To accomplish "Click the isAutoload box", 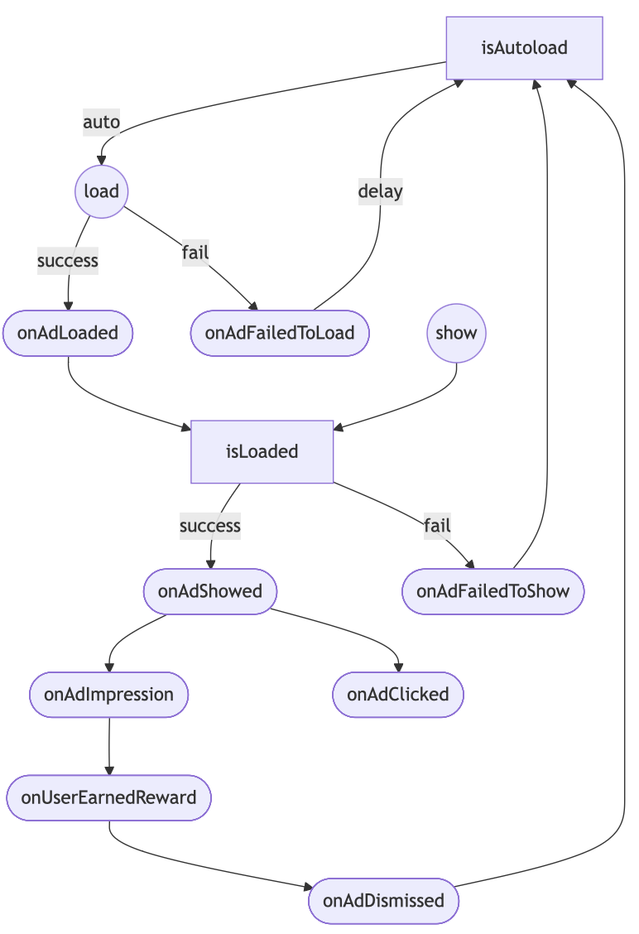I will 524,48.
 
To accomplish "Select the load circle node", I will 101,191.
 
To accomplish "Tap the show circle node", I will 456,333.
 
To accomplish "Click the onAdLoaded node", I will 67,333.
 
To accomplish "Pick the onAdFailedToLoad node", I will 280,333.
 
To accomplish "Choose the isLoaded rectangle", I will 262,451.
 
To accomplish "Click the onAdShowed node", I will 209,591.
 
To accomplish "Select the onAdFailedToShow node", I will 492,591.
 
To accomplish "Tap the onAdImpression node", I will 108,694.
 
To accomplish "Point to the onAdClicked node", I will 397,694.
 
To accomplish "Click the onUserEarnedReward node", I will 108,797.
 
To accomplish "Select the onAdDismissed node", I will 383,900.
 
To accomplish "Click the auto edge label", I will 101,123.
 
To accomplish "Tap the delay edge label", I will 380,191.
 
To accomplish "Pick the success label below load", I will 68,261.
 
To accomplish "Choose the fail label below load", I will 195,252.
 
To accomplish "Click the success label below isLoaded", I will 210,525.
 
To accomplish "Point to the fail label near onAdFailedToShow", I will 437,525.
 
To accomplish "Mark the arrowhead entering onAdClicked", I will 398,667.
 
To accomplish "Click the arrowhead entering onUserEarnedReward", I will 109,771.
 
